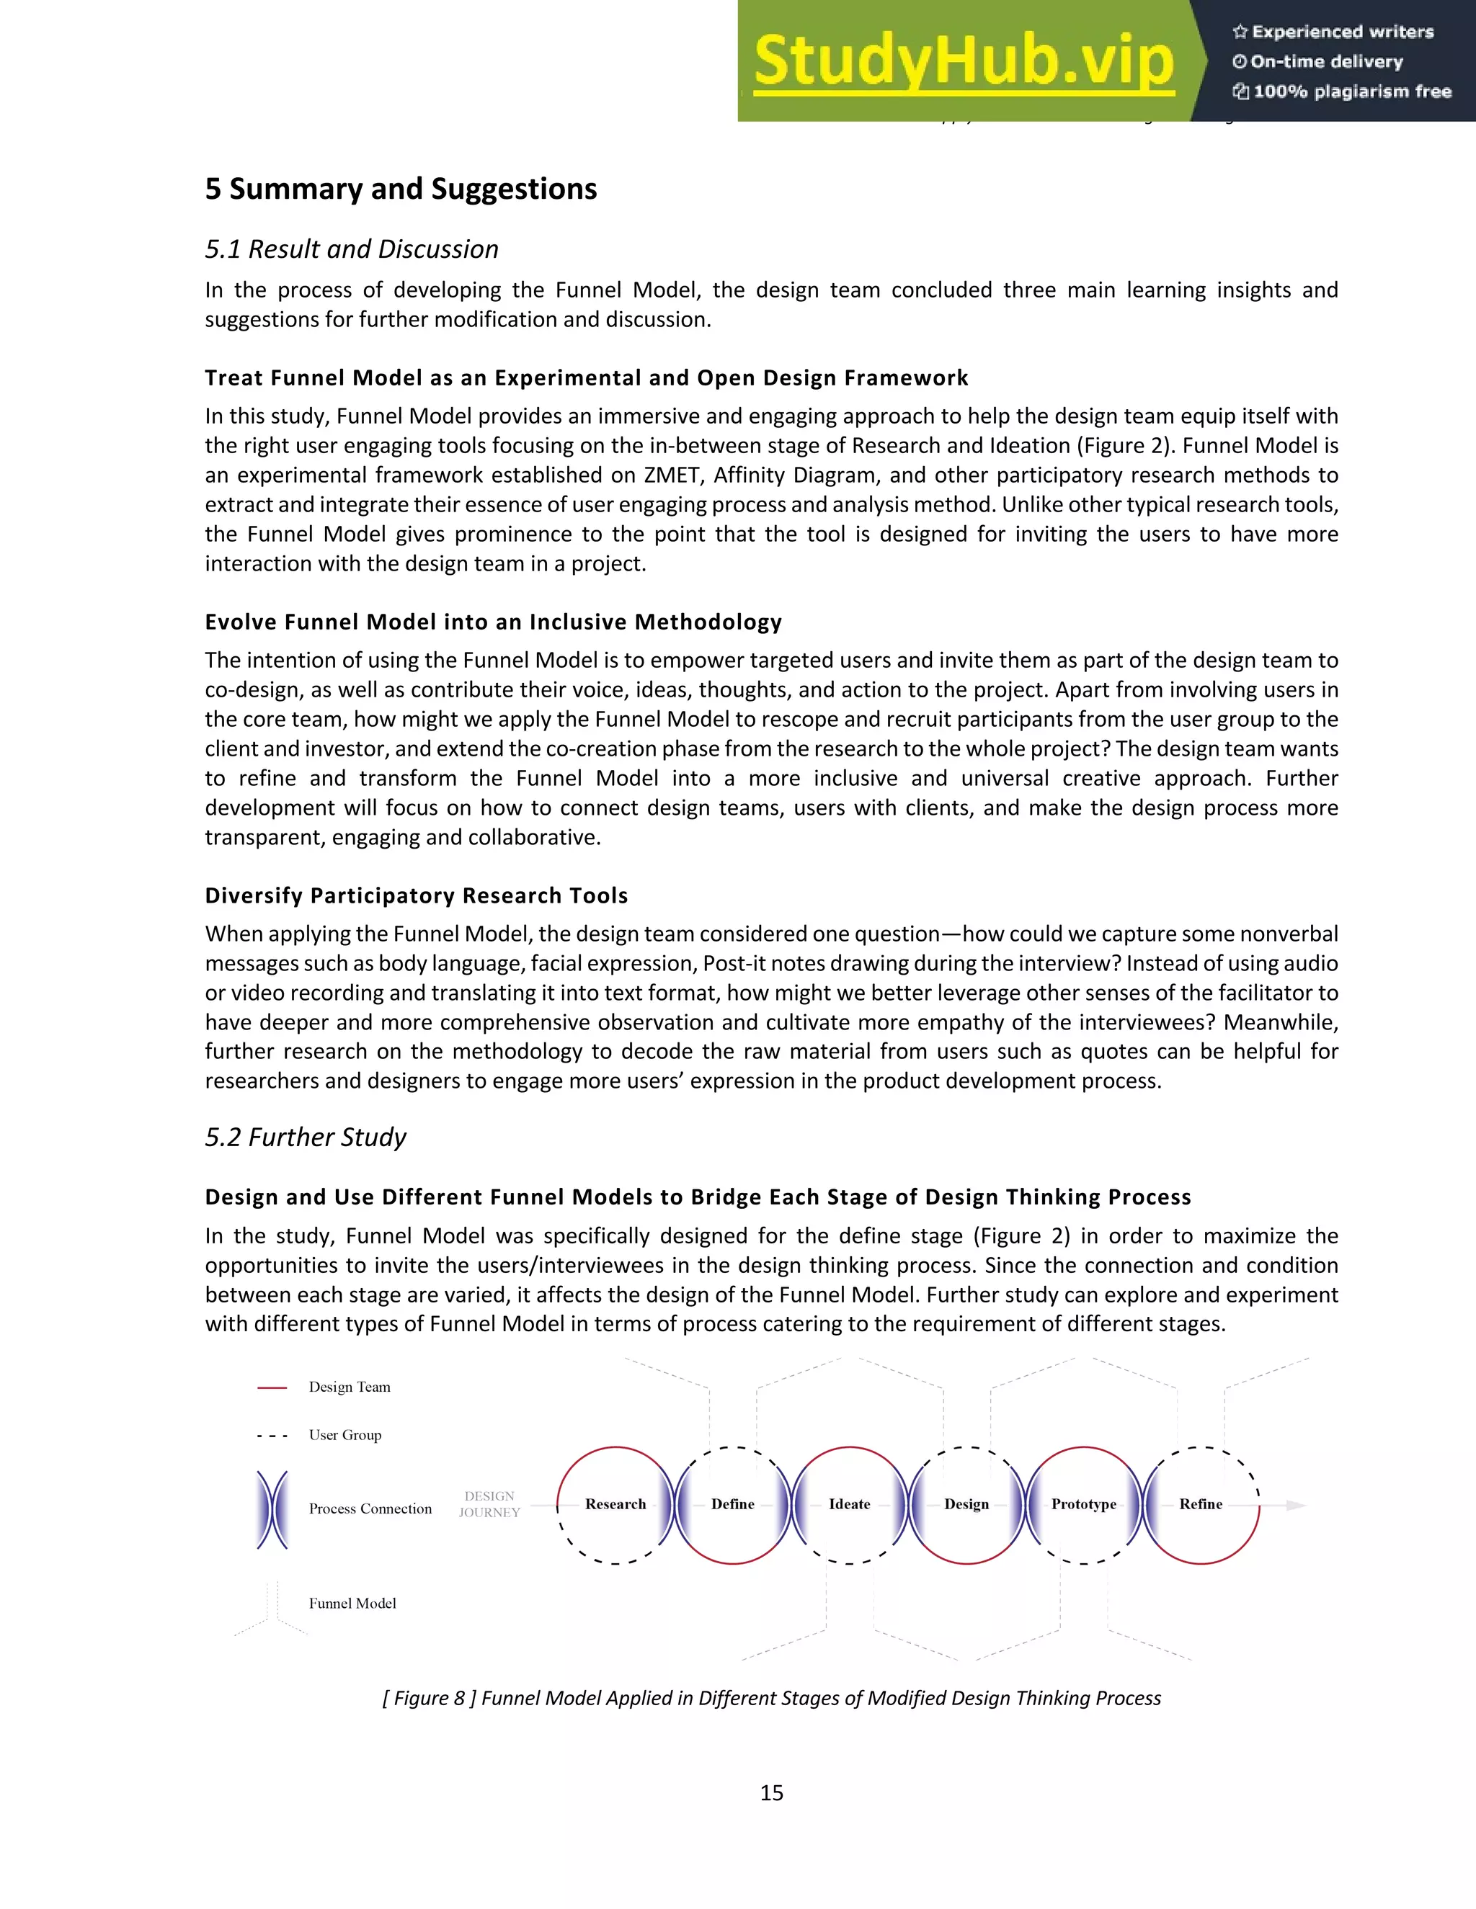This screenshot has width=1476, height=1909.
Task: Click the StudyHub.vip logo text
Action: (x=963, y=61)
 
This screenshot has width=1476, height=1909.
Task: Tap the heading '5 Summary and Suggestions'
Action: (x=401, y=189)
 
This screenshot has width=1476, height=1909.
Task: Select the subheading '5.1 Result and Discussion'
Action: (x=352, y=249)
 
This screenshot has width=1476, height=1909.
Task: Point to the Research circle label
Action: (x=615, y=1504)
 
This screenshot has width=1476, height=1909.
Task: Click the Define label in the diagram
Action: (x=733, y=1504)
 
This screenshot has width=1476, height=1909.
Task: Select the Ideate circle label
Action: (x=849, y=1504)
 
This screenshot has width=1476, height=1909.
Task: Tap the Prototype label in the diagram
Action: (x=1083, y=1504)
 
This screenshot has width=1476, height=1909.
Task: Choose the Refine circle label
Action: (x=1201, y=1504)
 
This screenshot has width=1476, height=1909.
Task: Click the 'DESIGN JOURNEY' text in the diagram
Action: (x=489, y=1504)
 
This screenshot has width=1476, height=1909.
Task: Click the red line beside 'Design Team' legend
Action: (x=272, y=1387)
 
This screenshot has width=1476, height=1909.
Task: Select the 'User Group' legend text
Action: (x=344, y=1435)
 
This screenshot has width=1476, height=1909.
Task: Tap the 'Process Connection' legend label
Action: (x=370, y=1508)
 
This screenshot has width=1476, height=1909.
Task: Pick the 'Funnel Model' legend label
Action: (x=352, y=1603)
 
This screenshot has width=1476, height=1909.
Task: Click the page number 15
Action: (x=771, y=1793)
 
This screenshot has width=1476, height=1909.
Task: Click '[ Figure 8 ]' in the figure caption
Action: (x=429, y=1699)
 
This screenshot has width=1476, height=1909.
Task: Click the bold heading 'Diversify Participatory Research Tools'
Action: (x=417, y=896)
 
